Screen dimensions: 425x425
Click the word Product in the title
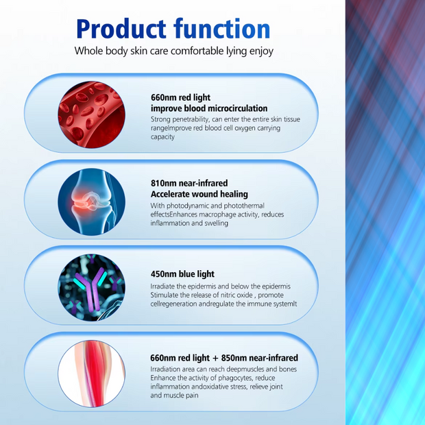click(x=121, y=28)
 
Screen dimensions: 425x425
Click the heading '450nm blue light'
click(x=182, y=275)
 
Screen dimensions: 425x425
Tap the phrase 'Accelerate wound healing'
click(x=199, y=194)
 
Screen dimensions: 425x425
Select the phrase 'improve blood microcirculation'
click(x=209, y=108)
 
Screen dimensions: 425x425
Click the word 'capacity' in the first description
click(x=163, y=137)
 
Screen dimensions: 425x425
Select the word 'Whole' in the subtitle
click(x=88, y=51)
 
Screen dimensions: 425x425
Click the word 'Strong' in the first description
click(x=162, y=119)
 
